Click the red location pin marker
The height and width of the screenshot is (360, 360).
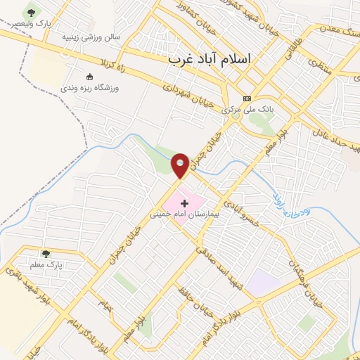click(181, 165)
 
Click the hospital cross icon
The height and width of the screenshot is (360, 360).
click(185, 202)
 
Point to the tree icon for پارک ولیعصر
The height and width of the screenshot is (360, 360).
click(30, 13)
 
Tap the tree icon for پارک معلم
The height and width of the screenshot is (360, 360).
click(46, 254)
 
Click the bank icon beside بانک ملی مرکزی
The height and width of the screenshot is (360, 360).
click(246, 98)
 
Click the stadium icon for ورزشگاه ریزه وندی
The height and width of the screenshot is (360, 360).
click(89, 76)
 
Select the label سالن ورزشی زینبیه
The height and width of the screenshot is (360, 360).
click(91, 36)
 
